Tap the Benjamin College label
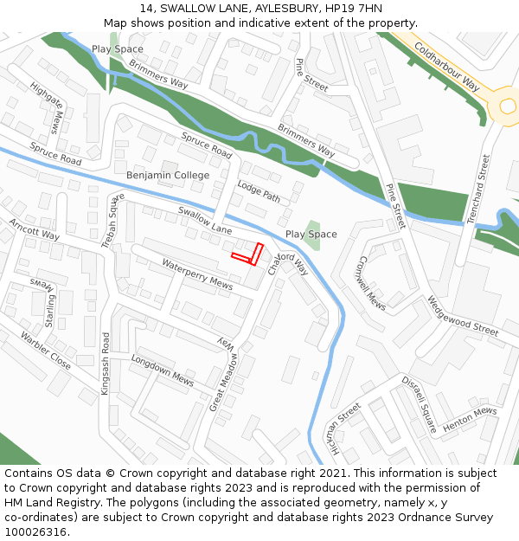[x=168, y=176]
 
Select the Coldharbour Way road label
[x=446, y=67]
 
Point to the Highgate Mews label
[x=47, y=108]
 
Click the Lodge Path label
[x=259, y=193]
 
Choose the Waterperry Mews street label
[x=197, y=274]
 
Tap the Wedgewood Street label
[x=462, y=317]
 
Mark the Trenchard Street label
[x=478, y=190]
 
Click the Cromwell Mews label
[x=371, y=282]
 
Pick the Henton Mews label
[x=470, y=421]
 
